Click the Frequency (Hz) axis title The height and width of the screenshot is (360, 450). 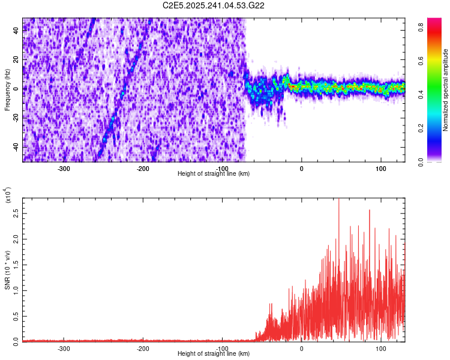point(7,89)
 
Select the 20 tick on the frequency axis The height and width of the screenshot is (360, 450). point(17,60)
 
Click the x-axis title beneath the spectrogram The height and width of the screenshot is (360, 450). point(214,173)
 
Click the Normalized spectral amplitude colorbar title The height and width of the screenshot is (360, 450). point(446,89)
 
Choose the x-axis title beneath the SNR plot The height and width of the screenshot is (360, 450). point(214,354)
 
